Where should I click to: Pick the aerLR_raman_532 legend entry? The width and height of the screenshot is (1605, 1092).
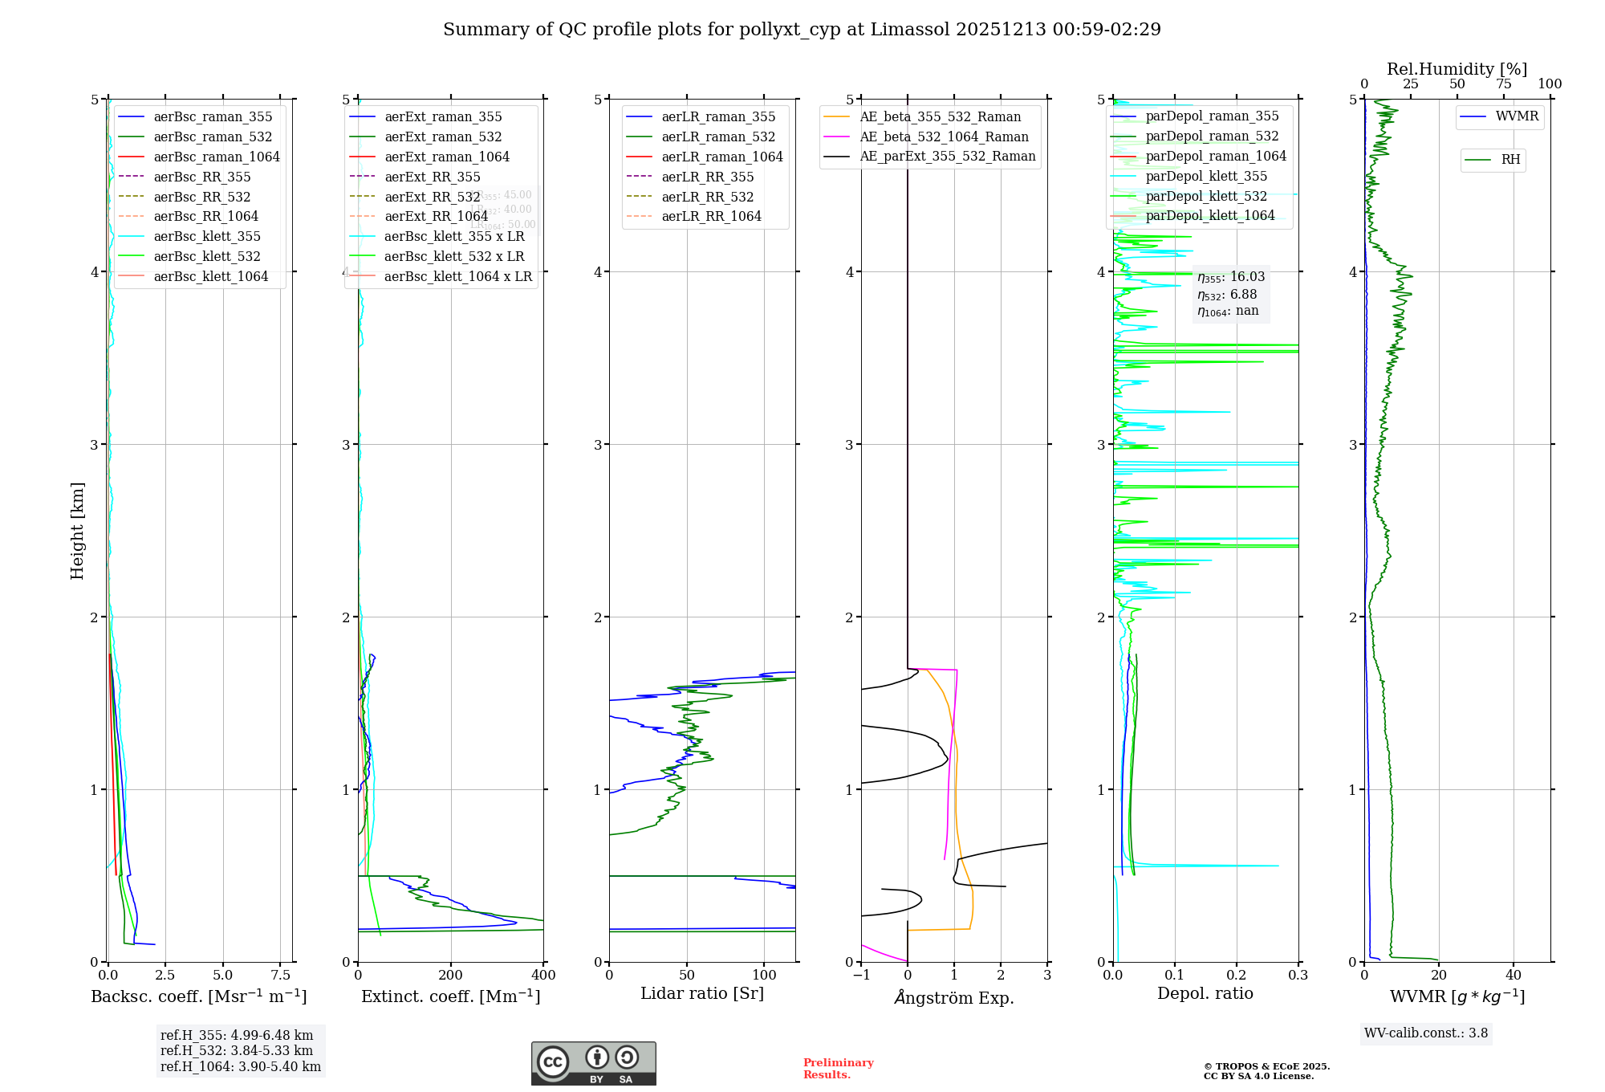pyautogui.click(x=718, y=136)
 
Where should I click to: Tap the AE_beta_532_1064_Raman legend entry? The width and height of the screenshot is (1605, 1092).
pyautogui.click(x=944, y=136)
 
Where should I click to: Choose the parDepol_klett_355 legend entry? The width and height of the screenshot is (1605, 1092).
pyautogui.click(x=1206, y=176)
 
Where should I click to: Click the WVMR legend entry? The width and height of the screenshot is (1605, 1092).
pyautogui.click(x=1517, y=116)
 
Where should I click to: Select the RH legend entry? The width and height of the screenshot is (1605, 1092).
pyautogui.click(x=1510, y=160)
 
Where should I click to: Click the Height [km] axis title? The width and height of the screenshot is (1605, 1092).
pyautogui.click(x=77, y=531)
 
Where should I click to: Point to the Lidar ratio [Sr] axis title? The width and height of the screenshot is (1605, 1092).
pyautogui.click(x=702, y=993)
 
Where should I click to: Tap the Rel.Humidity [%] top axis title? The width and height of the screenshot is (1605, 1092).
pyautogui.click(x=1457, y=69)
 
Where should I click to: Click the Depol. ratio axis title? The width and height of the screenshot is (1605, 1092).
pyautogui.click(x=1205, y=993)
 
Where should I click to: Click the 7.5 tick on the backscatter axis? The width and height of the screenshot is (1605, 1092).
pyautogui.click(x=280, y=975)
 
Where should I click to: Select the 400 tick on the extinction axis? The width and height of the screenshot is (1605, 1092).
pyautogui.click(x=543, y=975)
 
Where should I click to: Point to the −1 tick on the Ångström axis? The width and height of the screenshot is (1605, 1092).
pyautogui.click(x=861, y=975)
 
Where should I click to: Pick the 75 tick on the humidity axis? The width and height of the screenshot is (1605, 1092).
pyautogui.click(x=1503, y=84)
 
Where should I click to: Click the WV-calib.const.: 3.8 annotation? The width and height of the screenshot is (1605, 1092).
pyautogui.click(x=1426, y=1033)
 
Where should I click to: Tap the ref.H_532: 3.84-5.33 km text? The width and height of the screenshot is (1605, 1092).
pyautogui.click(x=237, y=1050)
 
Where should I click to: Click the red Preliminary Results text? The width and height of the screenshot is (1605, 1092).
pyautogui.click(x=838, y=1069)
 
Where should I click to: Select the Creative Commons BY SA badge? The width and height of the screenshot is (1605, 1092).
pyautogui.click(x=593, y=1063)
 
